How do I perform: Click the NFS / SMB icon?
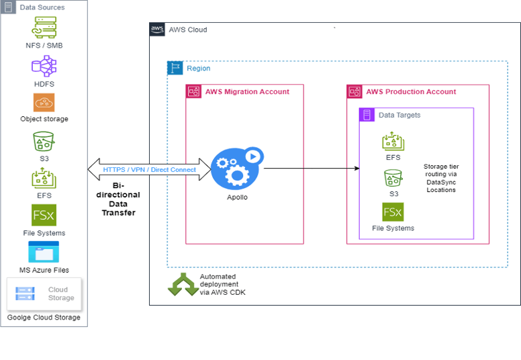click(44, 28)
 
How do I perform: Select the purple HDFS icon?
click(44, 66)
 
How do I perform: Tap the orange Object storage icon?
click(44, 103)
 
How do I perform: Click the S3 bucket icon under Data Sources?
click(44, 142)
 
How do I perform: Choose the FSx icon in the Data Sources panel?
click(44, 216)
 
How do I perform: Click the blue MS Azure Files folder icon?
click(44, 253)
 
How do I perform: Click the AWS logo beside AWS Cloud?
click(157, 30)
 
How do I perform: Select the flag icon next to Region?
click(175, 68)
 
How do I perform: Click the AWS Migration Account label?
click(247, 92)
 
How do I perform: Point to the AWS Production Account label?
click(410, 92)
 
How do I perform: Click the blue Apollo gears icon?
click(230, 169)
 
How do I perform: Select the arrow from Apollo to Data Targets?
click(310, 169)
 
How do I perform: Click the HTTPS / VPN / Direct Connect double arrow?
click(149, 169)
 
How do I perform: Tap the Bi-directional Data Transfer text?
click(117, 199)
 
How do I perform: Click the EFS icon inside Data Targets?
click(393, 141)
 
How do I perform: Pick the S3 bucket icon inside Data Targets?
click(393, 178)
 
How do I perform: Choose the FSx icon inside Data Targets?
click(393, 212)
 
